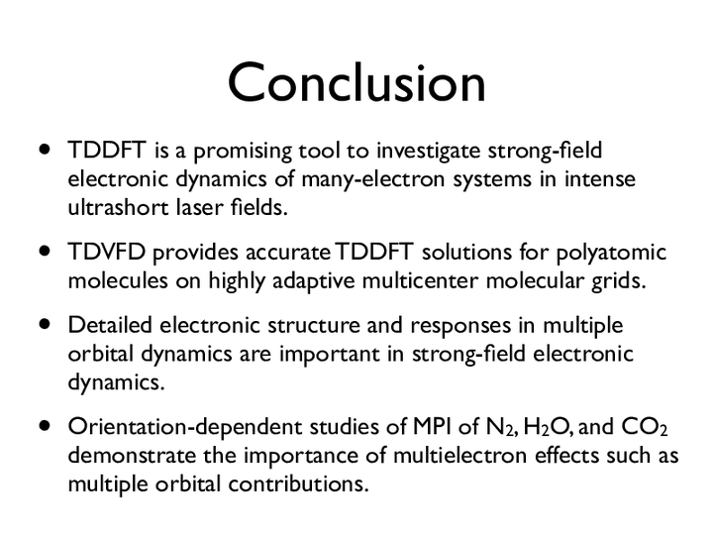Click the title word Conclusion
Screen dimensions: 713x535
point(356,82)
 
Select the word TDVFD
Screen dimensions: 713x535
point(106,252)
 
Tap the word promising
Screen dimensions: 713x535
point(243,152)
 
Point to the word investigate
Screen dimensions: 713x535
point(429,152)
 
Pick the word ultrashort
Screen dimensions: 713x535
point(118,207)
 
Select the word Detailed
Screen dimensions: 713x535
point(110,325)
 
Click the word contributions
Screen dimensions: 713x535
point(298,483)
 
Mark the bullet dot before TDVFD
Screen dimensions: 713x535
point(45,251)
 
